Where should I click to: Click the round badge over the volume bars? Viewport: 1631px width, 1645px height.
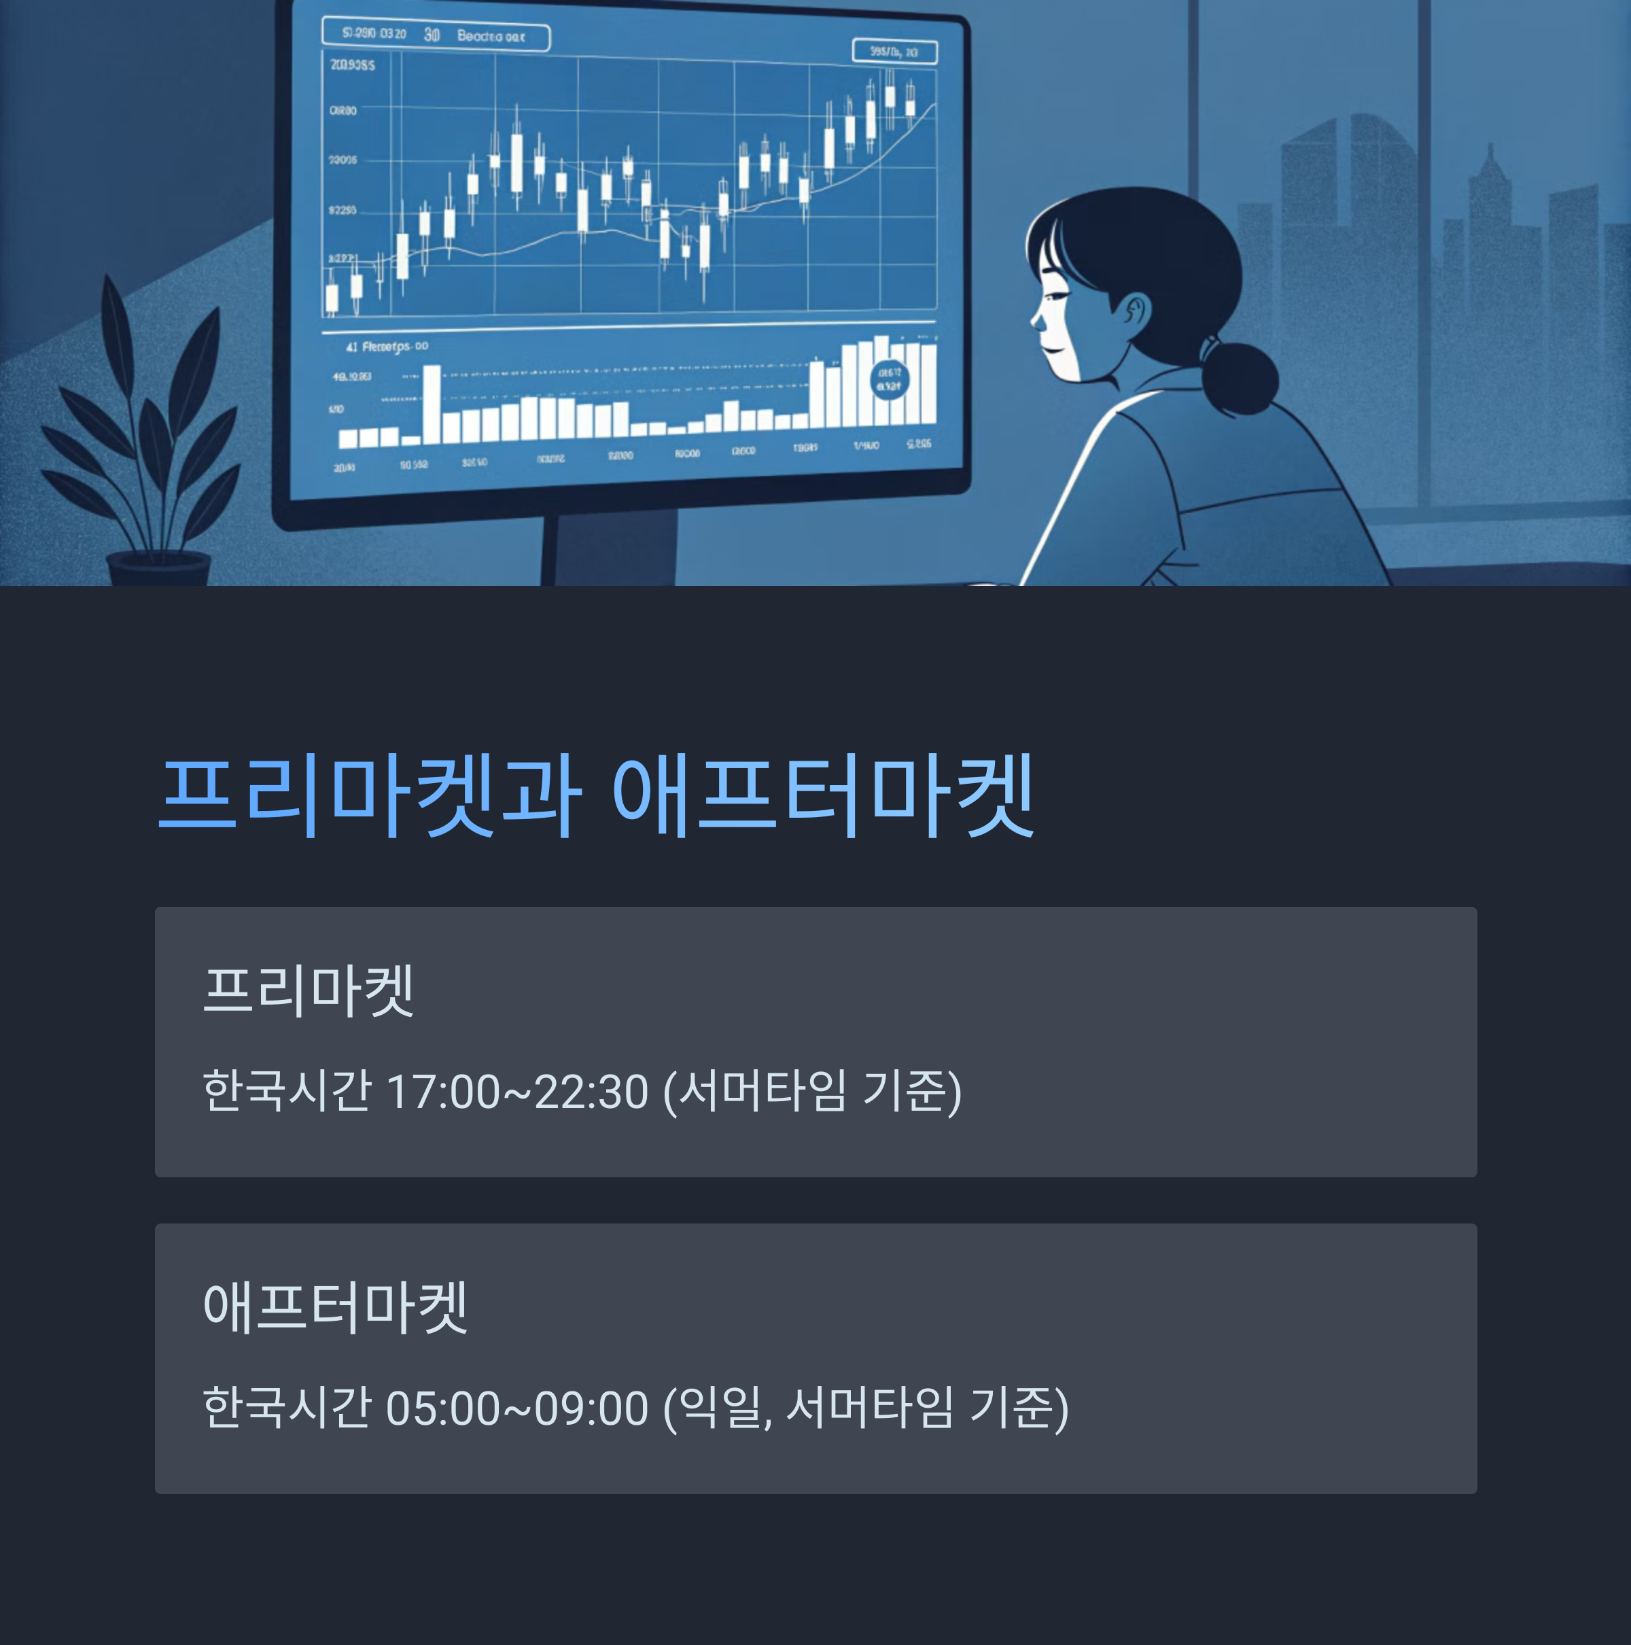point(889,380)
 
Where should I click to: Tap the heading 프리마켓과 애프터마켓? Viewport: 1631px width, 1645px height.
point(596,796)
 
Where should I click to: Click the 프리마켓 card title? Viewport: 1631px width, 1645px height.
point(308,990)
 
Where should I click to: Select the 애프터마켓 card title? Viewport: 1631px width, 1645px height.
point(334,1307)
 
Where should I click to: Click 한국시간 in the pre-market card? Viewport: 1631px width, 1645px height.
point(287,1092)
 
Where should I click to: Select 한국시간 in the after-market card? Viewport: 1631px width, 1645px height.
point(287,1408)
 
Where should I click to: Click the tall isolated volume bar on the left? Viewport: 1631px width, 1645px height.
point(432,404)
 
